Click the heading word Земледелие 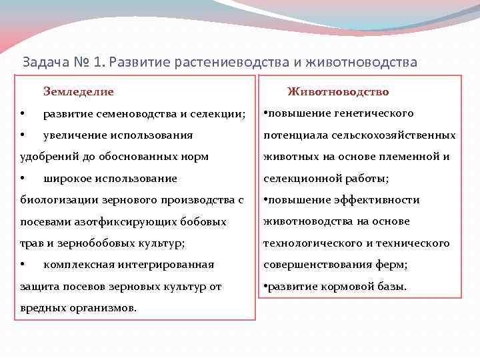78,91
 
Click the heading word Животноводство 338,91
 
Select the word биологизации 51,200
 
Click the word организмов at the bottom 101,308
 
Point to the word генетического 373,113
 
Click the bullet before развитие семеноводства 23,113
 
